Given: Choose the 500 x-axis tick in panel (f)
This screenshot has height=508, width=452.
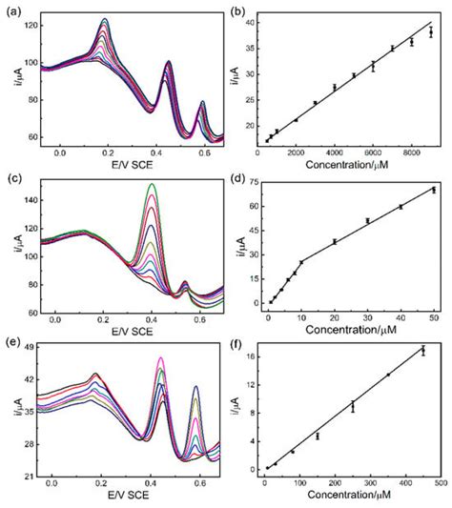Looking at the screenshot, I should coord(441,484).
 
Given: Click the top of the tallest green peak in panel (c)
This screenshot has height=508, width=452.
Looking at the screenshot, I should coord(150,185).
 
